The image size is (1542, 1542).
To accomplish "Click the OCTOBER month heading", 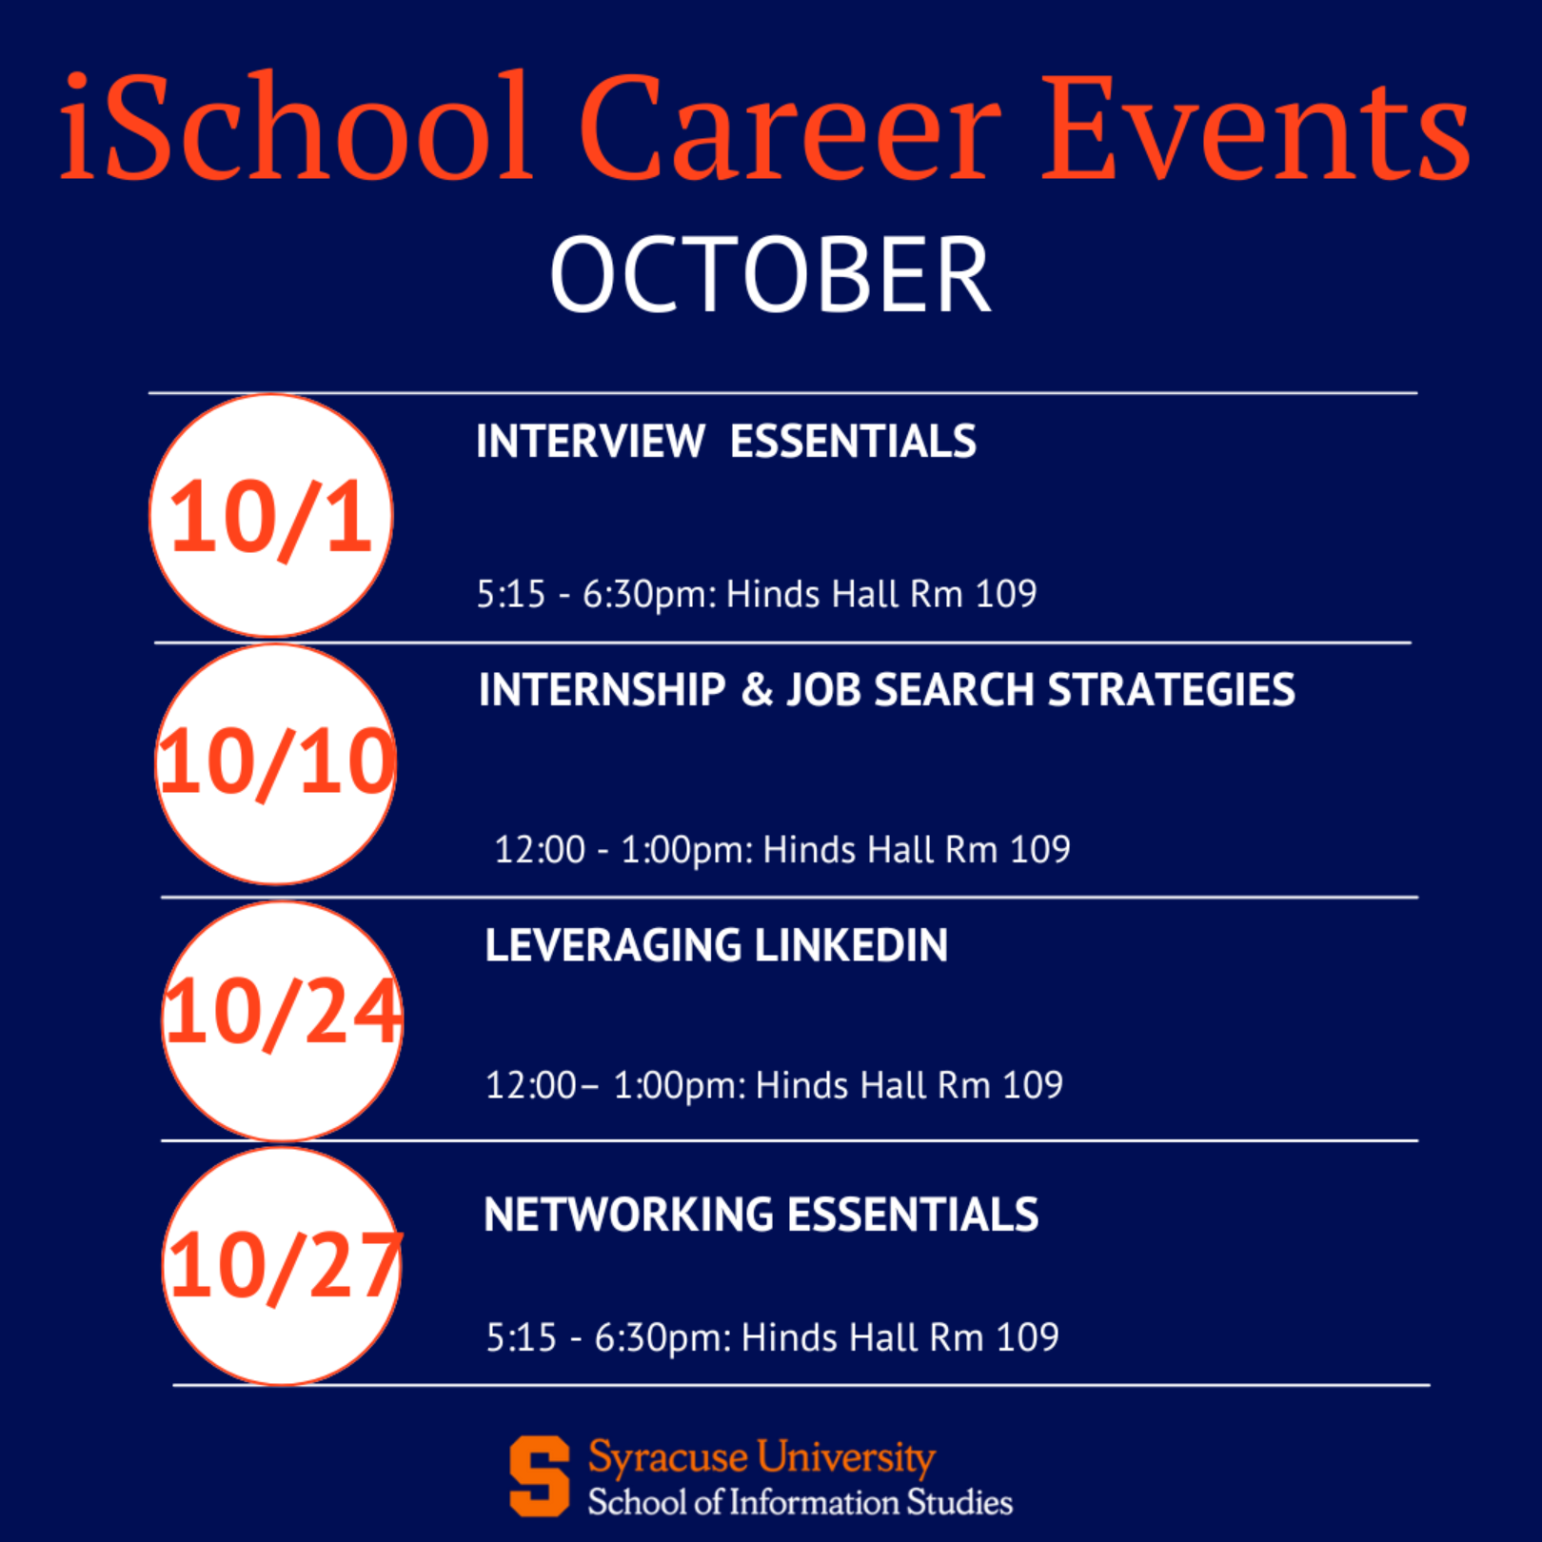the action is click(x=771, y=275).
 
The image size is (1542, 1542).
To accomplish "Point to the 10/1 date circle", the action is click(x=271, y=516).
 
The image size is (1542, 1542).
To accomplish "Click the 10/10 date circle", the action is click(x=276, y=764).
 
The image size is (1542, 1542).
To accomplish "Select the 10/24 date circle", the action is click(x=283, y=1021).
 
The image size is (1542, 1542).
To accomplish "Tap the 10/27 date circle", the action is click(x=283, y=1266).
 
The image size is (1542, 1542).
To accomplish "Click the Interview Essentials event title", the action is click(x=726, y=442).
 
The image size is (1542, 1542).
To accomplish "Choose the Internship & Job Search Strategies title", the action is click(x=887, y=690).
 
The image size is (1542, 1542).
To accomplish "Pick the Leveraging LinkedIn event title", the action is click(x=717, y=945).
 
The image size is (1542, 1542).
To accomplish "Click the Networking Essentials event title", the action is click(x=761, y=1215).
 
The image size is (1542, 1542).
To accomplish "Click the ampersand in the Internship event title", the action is click(x=757, y=690).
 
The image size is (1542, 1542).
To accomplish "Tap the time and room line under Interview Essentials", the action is click(x=757, y=595).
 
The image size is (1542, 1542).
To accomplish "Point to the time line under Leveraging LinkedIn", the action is click(x=774, y=1086).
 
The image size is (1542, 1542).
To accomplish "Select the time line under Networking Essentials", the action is click(x=773, y=1338).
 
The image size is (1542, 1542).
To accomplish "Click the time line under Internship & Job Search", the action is click(x=782, y=850).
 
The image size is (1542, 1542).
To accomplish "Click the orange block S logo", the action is click(x=540, y=1476).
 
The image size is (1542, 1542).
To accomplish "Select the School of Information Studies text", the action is click(x=801, y=1502).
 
